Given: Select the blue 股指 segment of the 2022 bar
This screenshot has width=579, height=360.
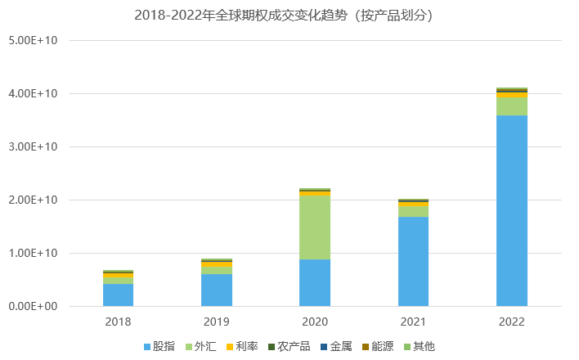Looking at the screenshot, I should tap(511, 210).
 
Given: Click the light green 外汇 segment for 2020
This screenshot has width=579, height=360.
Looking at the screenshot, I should tap(315, 227).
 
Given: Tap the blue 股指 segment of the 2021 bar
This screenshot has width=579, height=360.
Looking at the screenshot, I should tap(413, 261).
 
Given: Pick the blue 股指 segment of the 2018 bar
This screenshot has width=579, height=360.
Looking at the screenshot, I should tap(118, 295).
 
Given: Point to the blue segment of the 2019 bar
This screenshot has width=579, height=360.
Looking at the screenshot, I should tap(216, 290).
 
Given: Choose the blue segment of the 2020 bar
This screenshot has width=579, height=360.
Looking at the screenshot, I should tap(315, 282).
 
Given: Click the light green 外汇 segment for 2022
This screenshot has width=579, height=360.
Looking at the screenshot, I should tap(511, 106).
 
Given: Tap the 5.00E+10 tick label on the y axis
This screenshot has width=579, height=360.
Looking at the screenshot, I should tap(32, 40).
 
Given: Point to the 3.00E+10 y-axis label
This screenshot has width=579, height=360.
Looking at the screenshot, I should tap(32, 146).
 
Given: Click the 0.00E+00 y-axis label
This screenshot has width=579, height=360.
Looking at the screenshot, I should tap(32, 306).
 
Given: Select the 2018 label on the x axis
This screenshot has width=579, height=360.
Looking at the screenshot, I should tap(118, 322).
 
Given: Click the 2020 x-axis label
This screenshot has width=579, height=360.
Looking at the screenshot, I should tap(315, 322).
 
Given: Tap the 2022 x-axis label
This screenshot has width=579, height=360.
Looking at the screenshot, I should tap(511, 322).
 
